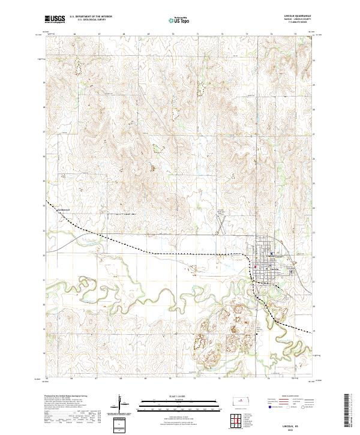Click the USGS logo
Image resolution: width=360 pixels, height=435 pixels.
55,20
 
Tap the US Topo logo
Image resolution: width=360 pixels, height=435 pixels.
179,20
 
